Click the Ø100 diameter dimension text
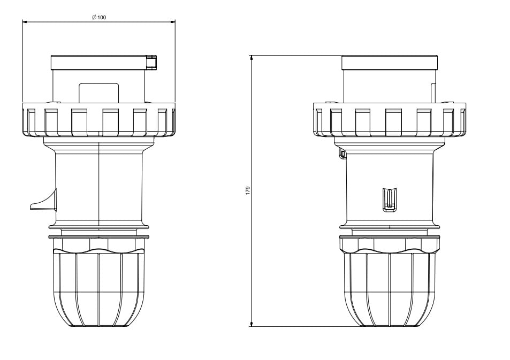pos(99,17)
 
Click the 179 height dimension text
pos(248,190)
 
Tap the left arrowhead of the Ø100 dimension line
pos(25,22)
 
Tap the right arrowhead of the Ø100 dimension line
pos(173,22)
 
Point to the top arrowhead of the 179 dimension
pos(252,58)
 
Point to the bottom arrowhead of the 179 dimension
pos(252,324)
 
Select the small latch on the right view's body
pos(390,200)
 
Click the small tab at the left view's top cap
pos(152,62)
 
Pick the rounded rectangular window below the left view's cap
pos(99,93)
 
